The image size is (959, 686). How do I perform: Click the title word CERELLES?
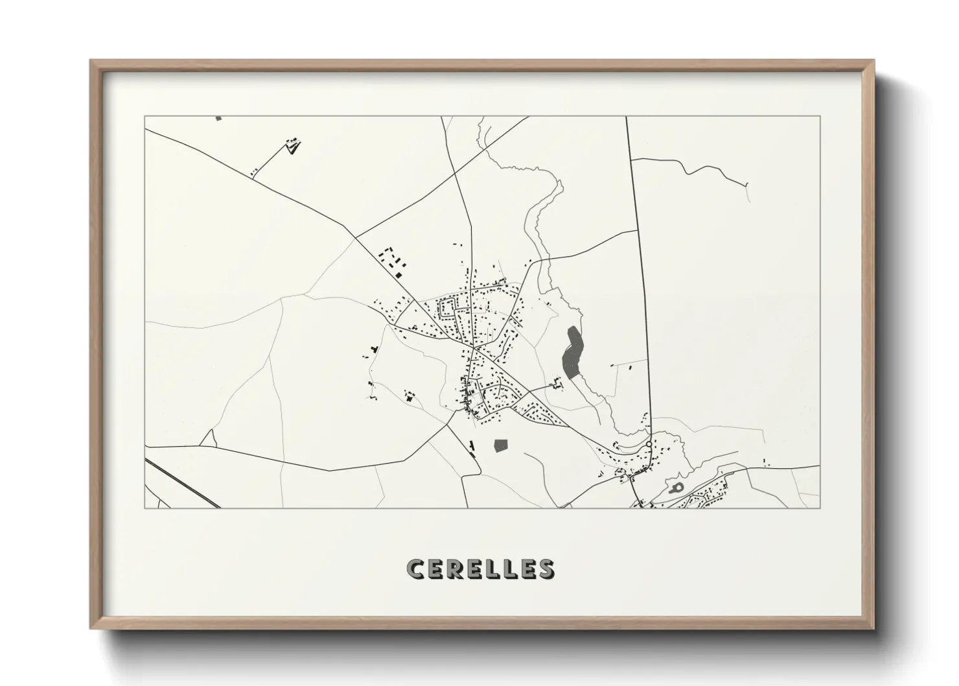(480, 569)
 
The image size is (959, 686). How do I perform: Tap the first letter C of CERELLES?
(414, 569)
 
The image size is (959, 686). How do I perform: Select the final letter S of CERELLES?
(546, 569)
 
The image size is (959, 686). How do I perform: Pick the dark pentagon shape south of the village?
(500, 445)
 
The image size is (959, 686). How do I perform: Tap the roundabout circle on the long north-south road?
(649, 444)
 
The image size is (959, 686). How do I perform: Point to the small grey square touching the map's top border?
(218, 118)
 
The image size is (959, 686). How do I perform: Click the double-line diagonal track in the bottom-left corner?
(181, 483)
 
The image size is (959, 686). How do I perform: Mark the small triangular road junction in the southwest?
(208, 439)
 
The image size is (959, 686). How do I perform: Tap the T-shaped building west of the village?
(373, 350)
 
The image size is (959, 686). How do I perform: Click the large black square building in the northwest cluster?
(399, 275)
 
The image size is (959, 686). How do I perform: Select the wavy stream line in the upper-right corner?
(693, 170)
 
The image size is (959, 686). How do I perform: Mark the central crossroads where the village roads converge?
(474, 348)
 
